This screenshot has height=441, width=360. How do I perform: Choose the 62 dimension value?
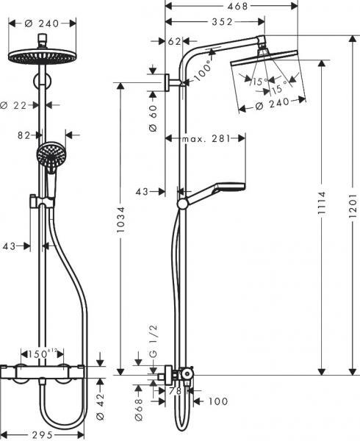174,42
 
